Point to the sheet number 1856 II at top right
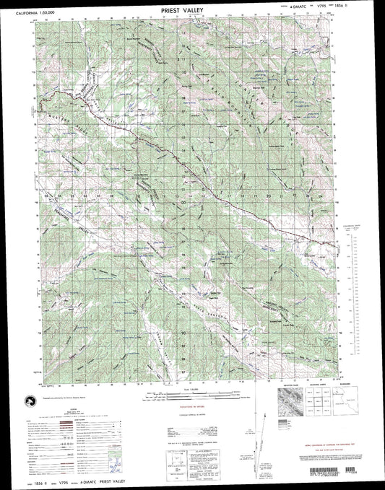pyautogui.click(x=359, y=12)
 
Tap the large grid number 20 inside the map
pyautogui.click(x=268, y=195)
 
